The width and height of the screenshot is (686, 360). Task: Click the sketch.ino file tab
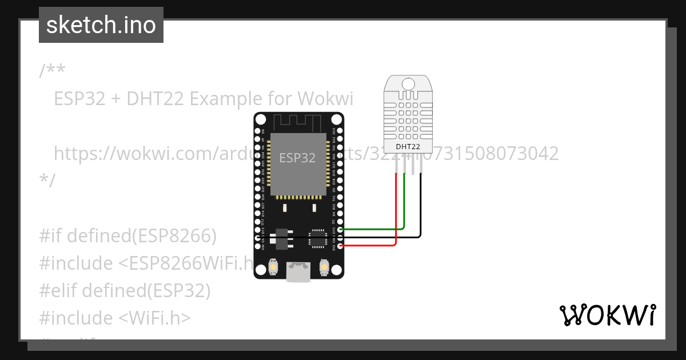click(101, 25)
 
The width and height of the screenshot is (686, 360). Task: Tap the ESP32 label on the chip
click(297, 158)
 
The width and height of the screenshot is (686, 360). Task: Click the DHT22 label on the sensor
click(408, 147)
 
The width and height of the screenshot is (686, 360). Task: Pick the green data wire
click(404, 206)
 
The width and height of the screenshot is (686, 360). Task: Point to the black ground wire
click(421, 211)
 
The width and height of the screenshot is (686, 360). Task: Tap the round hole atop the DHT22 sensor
click(408, 84)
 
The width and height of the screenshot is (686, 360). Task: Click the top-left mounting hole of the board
click(261, 120)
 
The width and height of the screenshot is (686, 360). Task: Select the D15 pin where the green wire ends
click(340, 229)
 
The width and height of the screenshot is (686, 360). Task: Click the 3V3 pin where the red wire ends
click(340, 246)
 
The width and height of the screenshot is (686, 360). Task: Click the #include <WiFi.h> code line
click(115, 318)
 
